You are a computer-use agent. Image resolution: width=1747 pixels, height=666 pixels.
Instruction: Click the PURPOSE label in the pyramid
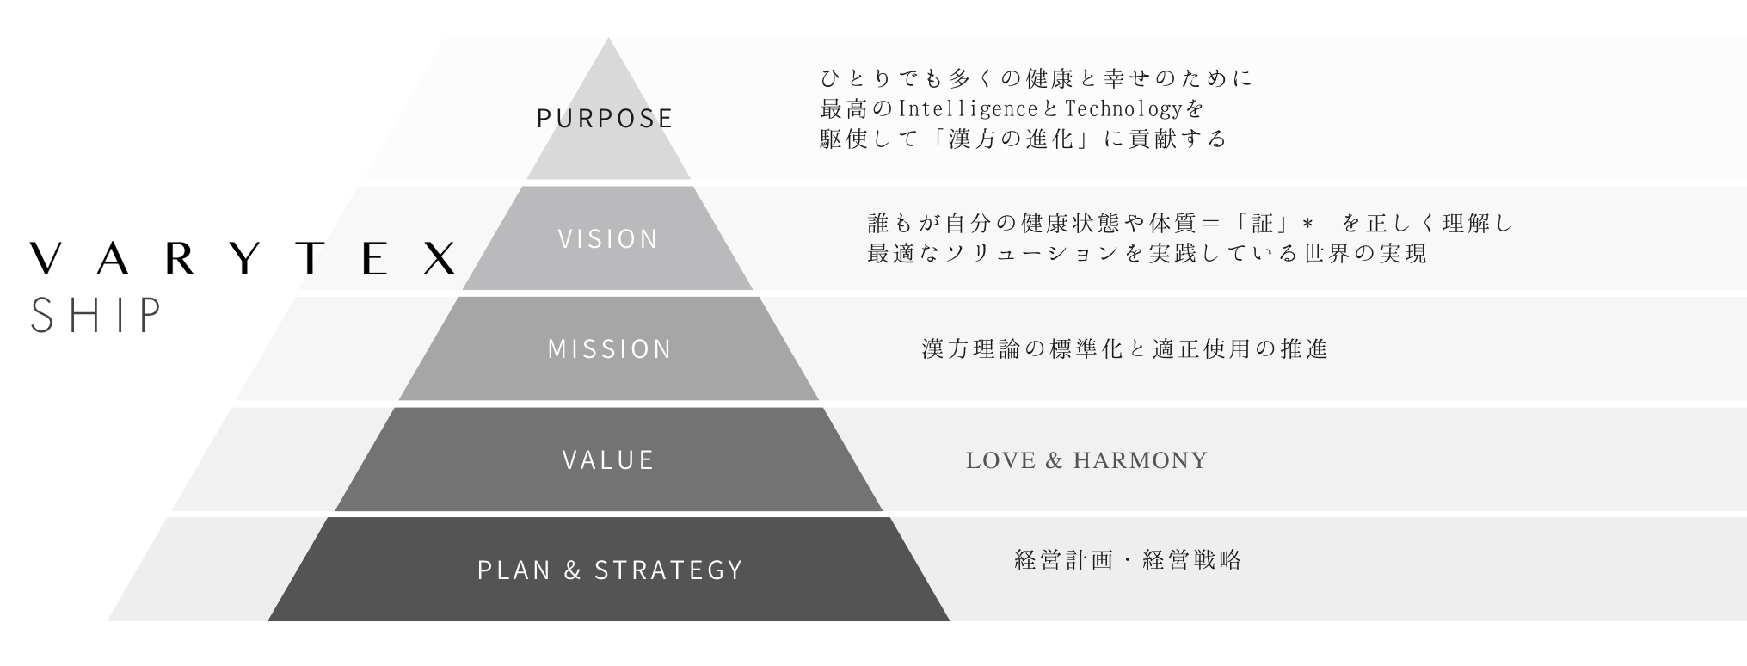coord(605,118)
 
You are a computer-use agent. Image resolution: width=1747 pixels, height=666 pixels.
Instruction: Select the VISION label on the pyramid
coord(608,238)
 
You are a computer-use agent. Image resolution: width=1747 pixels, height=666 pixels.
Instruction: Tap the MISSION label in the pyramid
coord(609,348)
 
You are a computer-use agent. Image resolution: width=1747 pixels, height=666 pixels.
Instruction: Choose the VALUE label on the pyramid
coord(608,459)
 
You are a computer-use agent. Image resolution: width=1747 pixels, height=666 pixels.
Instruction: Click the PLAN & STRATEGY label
coord(610,570)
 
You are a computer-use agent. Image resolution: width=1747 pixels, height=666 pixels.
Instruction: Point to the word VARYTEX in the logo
coord(243,258)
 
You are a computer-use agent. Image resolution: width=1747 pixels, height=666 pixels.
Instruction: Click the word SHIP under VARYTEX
coord(95,316)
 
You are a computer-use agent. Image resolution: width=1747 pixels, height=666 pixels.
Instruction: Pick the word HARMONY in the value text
coord(1141,460)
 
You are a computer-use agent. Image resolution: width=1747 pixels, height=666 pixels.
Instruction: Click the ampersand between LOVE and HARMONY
coord(1055,460)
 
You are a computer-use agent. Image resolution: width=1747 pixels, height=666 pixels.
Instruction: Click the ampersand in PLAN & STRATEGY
coord(573,570)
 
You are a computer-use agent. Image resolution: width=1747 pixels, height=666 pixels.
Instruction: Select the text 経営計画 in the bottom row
coord(1064,560)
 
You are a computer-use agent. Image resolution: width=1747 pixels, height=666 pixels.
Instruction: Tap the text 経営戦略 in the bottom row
coord(1192,560)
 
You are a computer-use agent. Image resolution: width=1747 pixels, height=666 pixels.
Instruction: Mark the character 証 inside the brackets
coord(1262,224)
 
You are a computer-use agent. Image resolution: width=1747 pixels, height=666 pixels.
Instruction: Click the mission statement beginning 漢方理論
coord(1125,348)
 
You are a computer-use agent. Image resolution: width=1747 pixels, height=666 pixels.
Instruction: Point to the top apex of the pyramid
coord(608,40)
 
